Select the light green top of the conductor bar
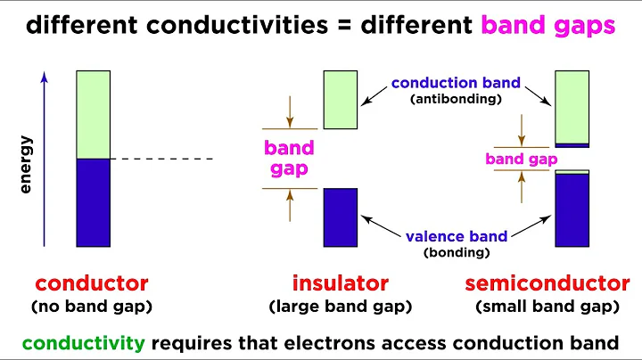coord(93,115)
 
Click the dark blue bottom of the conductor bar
coord(93,202)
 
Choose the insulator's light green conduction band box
coord(340,100)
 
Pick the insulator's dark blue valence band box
coord(340,217)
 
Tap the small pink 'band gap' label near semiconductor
coord(521,160)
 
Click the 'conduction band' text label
coord(456,84)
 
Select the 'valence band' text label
coord(456,236)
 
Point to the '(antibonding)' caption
coord(456,100)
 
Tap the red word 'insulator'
coord(340,284)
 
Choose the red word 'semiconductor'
coord(547,284)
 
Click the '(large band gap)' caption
coord(340,307)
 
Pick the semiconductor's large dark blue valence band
coord(572,210)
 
